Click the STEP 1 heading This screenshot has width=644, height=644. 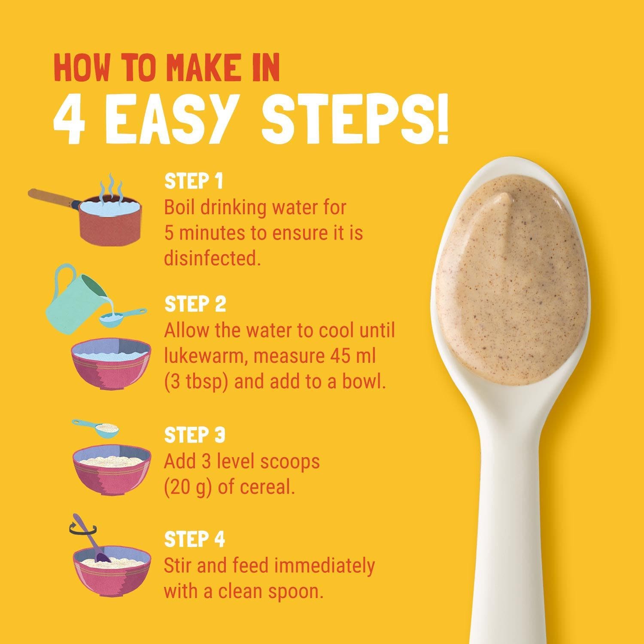coord(194,181)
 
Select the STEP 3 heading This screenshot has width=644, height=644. coord(195,435)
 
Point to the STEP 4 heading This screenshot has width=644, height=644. coord(195,540)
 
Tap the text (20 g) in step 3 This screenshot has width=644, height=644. coord(188,488)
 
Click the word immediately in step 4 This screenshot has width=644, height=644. coord(325,566)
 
